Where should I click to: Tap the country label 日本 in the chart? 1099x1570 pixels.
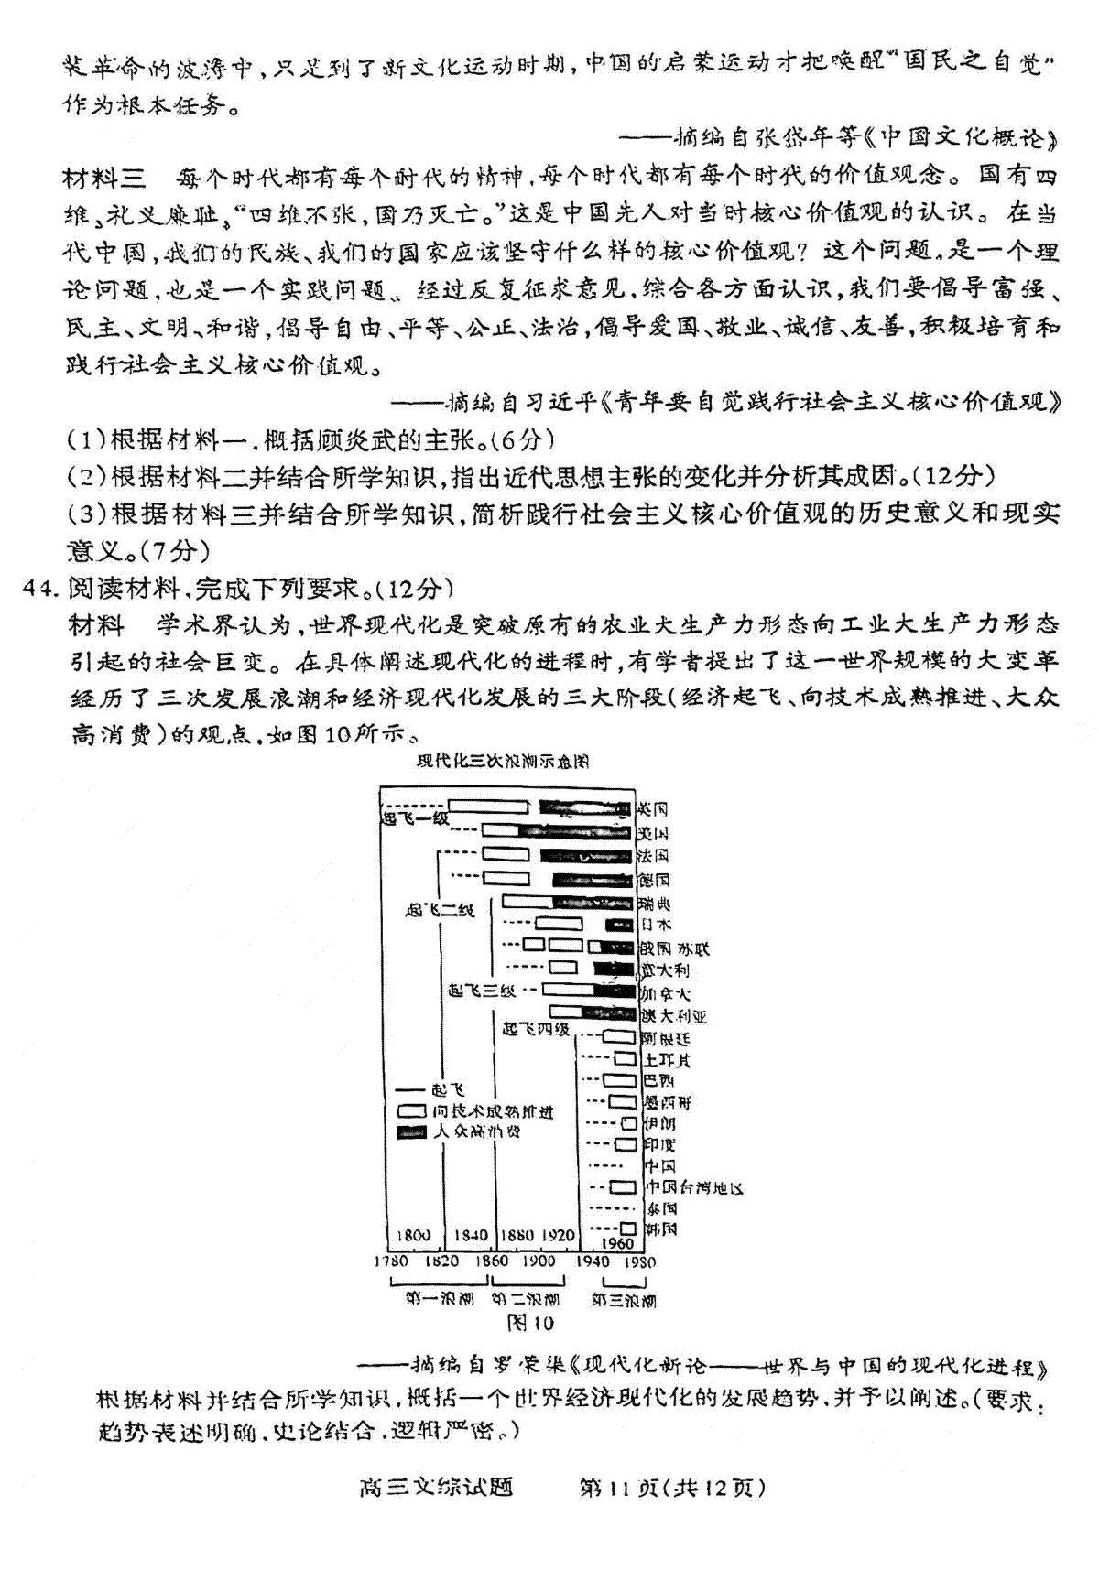tap(656, 925)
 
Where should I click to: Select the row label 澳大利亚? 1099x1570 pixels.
tap(674, 1016)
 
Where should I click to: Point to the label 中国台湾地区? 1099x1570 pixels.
tap(694, 1187)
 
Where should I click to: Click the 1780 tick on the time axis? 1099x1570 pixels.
tap(390, 1261)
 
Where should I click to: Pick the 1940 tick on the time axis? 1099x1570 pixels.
tap(592, 1261)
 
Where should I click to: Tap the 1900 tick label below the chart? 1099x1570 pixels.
tap(539, 1261)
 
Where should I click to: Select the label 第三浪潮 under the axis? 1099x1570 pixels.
tap(623, 1299)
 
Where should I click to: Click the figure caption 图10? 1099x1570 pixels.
tap(530, 1323)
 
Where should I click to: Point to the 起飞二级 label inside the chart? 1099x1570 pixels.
tap(440, 910)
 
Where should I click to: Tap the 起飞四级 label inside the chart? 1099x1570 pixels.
tap(536, 1029)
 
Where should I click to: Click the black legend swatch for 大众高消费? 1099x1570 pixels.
tap(411, 1131)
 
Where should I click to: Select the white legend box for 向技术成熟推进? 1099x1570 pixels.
tap(411, 1111)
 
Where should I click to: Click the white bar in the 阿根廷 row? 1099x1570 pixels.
tap(619, 1037)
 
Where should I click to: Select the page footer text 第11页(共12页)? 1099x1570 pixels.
tap(671, 1488)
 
